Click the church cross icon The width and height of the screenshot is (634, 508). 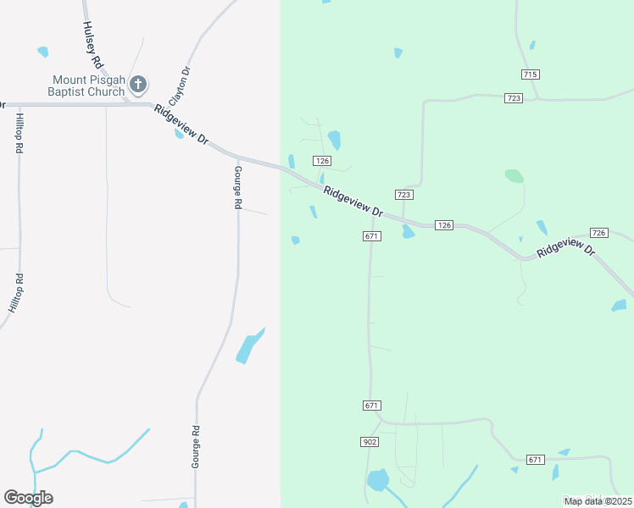click(139, 84)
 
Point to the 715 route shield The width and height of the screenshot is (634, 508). click(531, 75)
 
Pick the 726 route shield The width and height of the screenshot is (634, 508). click(599, 233)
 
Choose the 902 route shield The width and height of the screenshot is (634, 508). click(369, 442)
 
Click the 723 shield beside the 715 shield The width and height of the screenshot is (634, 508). click(513, 98)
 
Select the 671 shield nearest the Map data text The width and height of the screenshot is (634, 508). click(535, 460)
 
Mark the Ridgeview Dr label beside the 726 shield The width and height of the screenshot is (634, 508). click(566, 247)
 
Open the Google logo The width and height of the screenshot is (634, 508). click(28, 498)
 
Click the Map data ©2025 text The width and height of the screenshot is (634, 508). click(598, 501)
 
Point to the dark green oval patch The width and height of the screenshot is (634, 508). click(514, 176)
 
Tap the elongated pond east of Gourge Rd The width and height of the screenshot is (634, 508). click(249, 346)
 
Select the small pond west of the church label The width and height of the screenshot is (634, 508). click(42, 52)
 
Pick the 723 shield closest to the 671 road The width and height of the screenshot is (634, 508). click(403, 195)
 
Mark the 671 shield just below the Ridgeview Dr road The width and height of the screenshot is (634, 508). click(371, 236)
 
